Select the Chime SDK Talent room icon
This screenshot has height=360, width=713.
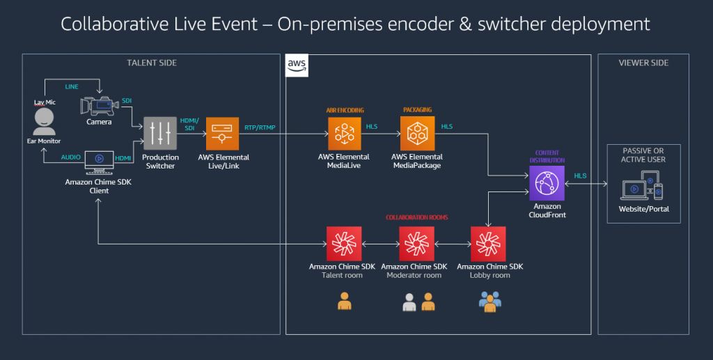click(344, 243)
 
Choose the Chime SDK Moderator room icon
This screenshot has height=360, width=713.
click(416, 243)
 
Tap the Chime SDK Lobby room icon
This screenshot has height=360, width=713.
click(489, 243)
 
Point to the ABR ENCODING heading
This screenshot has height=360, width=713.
click(344, 109)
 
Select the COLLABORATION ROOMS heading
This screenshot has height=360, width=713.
click(416, 217)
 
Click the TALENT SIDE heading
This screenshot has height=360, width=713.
click(151, 63)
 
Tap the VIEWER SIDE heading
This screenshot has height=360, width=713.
click(643, 63)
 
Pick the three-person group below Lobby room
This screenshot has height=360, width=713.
click(490, 302)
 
